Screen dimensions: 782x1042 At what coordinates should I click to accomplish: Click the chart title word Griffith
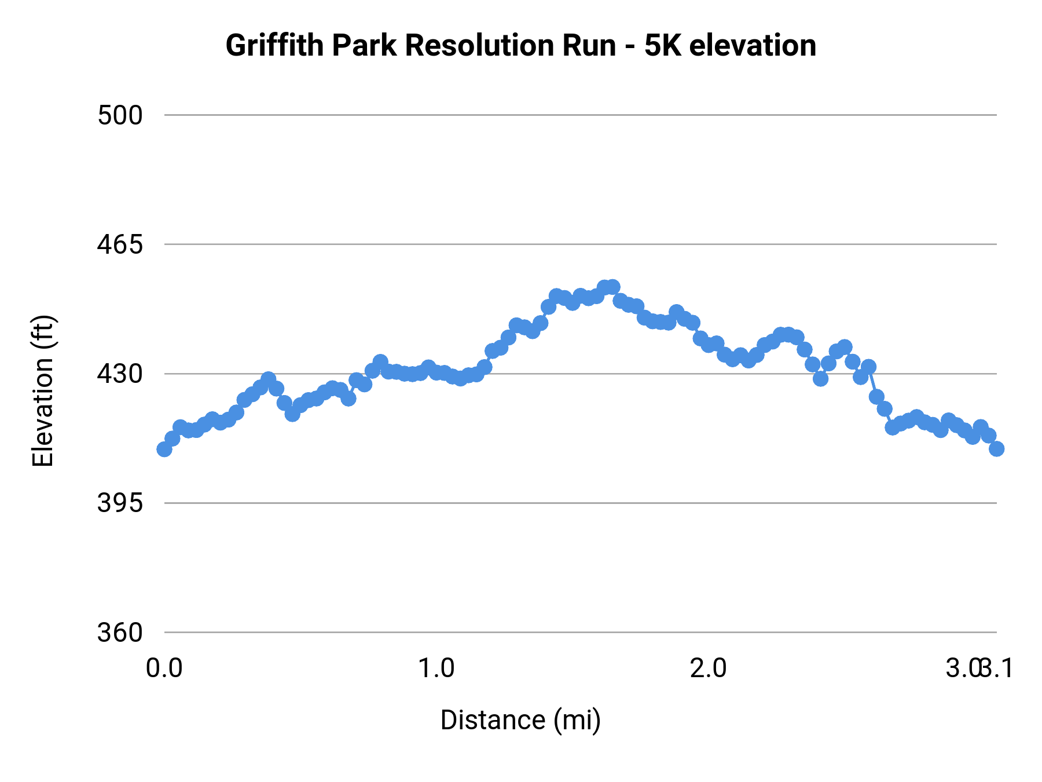point(275,45)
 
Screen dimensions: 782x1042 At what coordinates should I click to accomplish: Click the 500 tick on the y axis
point(120,115)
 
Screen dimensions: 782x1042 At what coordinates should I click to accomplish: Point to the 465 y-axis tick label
point(120,244)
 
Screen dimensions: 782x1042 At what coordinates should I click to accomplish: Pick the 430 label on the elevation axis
point(120,374)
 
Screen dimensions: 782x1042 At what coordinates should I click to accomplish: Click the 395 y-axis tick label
point(120,503)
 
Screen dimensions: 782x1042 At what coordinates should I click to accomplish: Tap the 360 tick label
point(120,632)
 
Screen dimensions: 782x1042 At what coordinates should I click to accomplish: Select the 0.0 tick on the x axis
point(164,668)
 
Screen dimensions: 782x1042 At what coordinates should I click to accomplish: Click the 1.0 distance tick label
point(436,668)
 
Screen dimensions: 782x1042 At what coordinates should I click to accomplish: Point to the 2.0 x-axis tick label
point(708,668)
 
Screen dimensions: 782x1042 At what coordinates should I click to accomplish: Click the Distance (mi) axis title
point(520,720)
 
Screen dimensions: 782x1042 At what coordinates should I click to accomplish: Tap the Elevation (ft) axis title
point(43,391)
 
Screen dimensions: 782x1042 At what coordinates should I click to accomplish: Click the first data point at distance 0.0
point(164,449)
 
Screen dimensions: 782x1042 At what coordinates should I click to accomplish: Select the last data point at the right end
point(996,449)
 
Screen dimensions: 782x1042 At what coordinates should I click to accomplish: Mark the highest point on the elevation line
point(612,287)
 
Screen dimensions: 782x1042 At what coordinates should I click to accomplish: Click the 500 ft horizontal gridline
point(579,115)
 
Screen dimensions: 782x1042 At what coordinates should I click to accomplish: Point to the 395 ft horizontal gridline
point(579,503)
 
